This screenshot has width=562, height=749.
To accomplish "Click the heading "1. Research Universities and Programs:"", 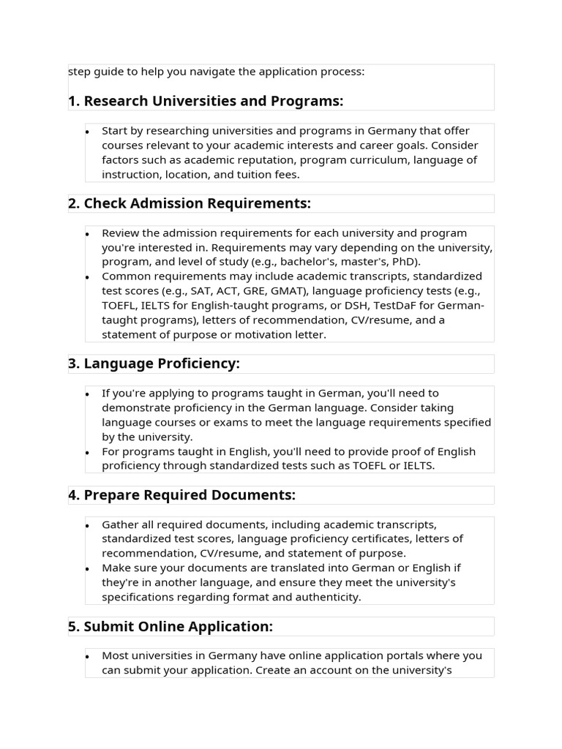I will pyautogui.click(x=206, y=101).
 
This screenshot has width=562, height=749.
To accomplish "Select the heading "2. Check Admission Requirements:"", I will pyautogui.click(x=190, y=203).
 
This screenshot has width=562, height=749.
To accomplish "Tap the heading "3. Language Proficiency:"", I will pyautogui.click(x=154, y=364).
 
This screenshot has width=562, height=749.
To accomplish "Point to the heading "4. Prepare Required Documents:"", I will pyautogui.click(x=182, y=495).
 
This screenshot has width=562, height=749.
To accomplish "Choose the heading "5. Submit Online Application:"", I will pyautogui.click(x=171, y=627).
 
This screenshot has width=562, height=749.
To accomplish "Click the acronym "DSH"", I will pyautogui.click(x=384, y=306).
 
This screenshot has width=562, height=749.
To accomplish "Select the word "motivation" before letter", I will pyautogui.click(x=258, y=335).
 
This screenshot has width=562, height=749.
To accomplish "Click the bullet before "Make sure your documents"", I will pyautogui.click(x=88, y=569).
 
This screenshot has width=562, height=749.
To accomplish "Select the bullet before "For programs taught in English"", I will pyautogui.click(x=88, y=452).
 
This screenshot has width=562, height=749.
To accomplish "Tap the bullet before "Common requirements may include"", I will pyautogui.click(x=88, y=277).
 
